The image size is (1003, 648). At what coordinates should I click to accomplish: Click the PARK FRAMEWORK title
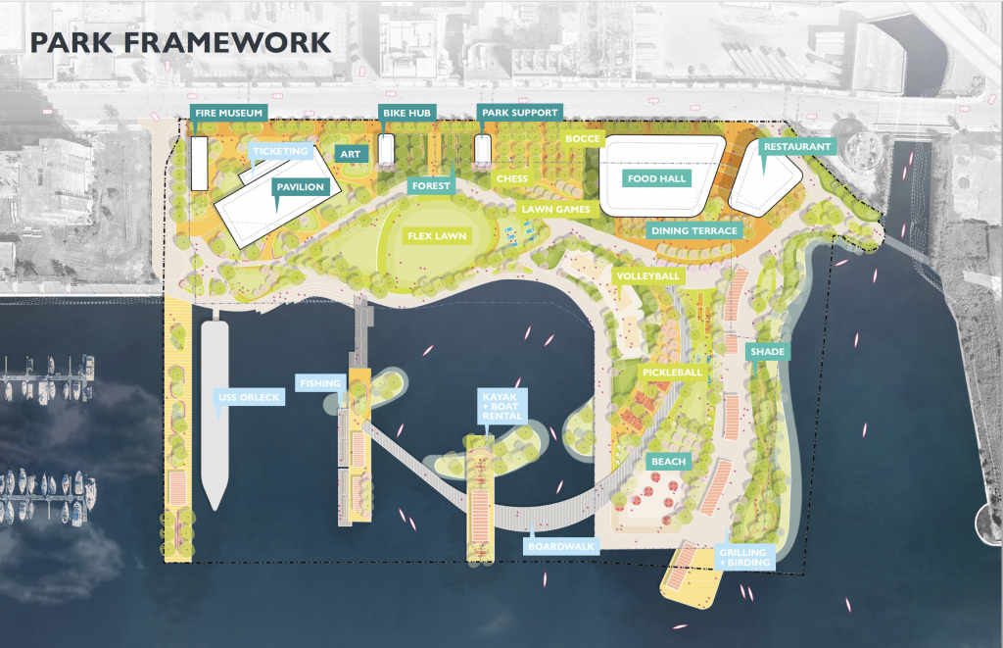pyautogui.click(x=179, y=42)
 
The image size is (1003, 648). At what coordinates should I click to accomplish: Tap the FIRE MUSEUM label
pyautogui.click(x=228, y=114)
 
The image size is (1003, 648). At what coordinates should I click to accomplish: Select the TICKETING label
pyautogui.click(x=281, y=152)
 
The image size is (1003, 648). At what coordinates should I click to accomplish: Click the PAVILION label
pyautogui.click(x=300, y=186)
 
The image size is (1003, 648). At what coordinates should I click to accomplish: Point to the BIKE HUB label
pyautogui.click(x=408, y=114)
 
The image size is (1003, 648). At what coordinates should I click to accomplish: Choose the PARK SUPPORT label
pyautogui.click(x=520, y=113)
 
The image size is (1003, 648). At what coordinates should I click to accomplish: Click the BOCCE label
pyautogui.click(x=583, y=139)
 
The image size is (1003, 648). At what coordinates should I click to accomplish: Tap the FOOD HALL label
pyautogui.click(x=656, y=178)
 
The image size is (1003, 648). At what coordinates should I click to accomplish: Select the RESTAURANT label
pyautogui.click(x=797, y=147)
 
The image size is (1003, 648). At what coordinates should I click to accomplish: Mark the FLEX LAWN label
pyautogui.click(x=437, y=236)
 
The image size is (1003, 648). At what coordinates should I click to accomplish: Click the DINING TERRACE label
pyautogui.click(x=693, y=231)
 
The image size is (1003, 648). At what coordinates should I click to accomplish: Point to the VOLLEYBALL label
pyautogui.click(x=648, y=276)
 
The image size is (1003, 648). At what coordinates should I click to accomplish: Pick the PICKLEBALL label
pyautogui.click(x=672, y=374)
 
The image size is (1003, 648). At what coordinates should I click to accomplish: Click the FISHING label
pyautogui.click(x=321, y=383)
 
